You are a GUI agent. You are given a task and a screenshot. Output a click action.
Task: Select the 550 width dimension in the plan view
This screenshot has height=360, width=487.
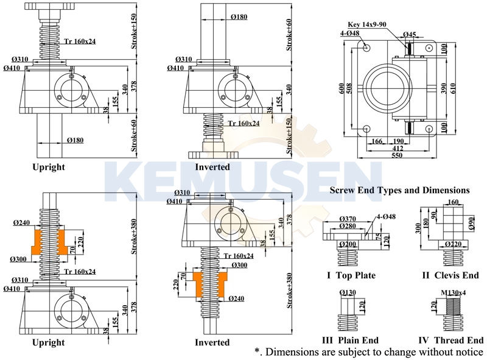pos(398,157)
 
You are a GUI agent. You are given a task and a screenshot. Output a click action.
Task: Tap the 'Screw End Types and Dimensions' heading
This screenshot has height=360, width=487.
pos(399,190)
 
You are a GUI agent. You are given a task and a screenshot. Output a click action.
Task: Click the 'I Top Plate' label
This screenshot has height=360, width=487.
pos(351,275)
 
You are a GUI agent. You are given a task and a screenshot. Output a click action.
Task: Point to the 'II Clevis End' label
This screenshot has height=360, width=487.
pos(450,275)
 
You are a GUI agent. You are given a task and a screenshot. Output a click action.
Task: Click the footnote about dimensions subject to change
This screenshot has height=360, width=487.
pos(369,352)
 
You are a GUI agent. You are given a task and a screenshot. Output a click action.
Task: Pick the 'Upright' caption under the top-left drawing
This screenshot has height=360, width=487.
pos(48,167)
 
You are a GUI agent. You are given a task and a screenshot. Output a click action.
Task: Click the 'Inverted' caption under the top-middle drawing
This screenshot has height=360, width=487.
pos(212,167)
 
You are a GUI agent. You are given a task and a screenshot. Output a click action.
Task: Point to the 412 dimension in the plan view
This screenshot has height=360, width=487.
pos(397,148)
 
